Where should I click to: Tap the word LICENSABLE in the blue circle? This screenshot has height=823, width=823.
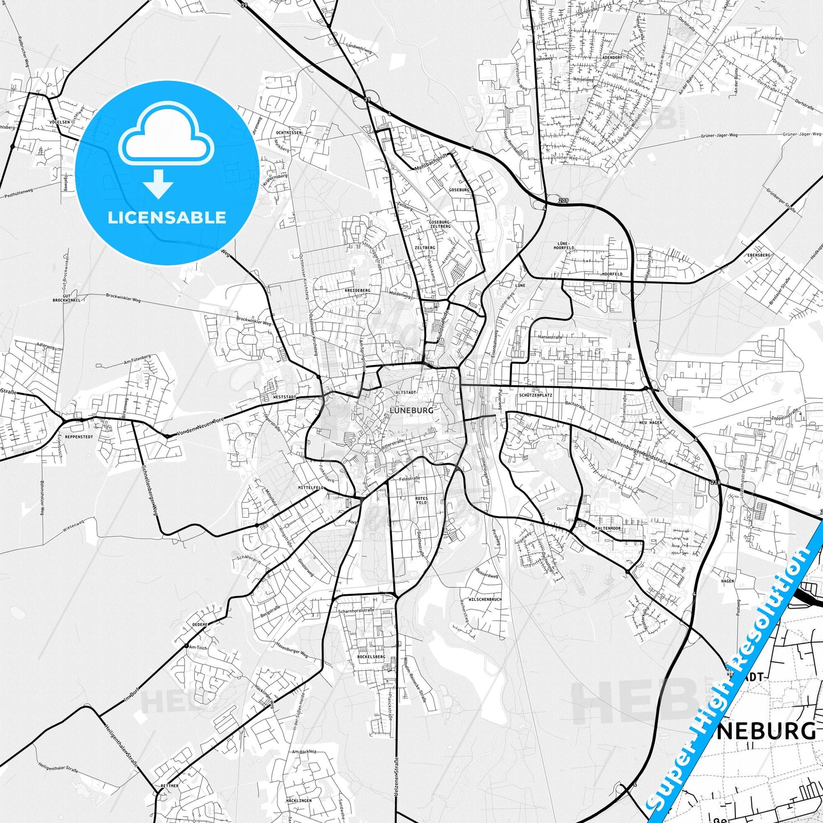(x=167, y=218)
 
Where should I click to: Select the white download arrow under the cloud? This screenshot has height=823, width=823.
(x=158, y=184)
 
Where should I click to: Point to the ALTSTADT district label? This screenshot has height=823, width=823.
(x=407, y=392)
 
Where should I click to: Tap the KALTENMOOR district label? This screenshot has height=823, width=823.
(x=608, y=529)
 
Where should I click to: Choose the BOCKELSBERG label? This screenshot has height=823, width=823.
(x=371, y=657)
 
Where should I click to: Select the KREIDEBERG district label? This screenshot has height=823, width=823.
(x=358, y=290)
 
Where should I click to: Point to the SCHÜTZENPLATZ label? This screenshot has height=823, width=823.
(x=535, y=395)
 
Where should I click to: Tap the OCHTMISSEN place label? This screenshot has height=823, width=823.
(x=288, y=133)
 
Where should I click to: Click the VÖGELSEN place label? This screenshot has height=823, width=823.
(x=60, y=122)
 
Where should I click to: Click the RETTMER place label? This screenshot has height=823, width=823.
(x=169, y=786)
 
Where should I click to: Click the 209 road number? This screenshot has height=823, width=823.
(x=563, y=200)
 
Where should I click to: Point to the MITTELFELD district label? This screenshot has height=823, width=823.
(x=311, y=488)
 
